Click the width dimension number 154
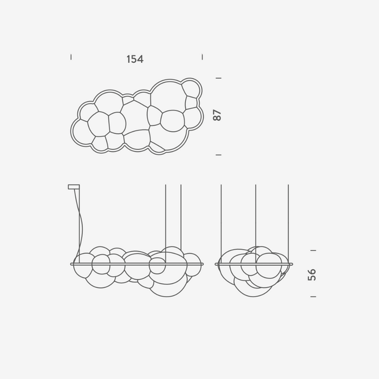(x=135, y=59)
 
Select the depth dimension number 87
(x=217, y=115)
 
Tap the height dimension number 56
(x=312, y=275)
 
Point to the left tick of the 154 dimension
(x=71, y=57)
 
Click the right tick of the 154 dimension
(x=202, y=57)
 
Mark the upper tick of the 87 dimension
(x=218, y=78)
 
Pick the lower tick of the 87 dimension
(x=218, y=155)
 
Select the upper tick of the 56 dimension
(x=313, y=250)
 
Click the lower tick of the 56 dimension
(x=313, y=296)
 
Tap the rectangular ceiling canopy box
(x=74, y=187)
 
